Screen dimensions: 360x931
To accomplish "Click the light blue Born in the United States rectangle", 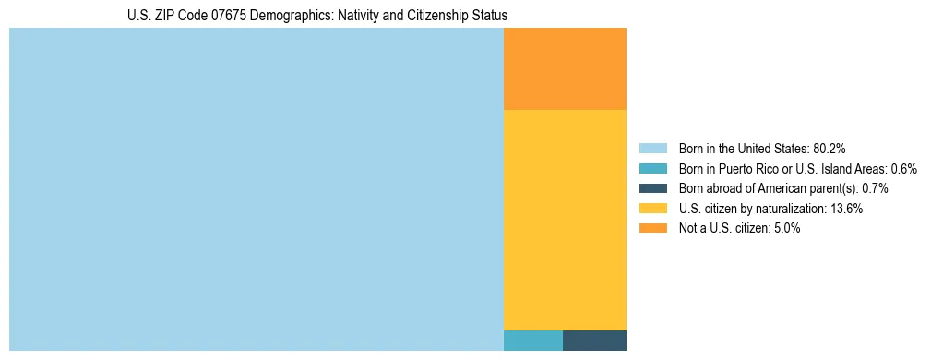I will tap(256, 189).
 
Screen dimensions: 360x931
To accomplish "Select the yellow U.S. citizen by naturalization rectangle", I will tap(565, 220).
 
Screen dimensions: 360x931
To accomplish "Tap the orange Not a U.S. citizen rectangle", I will tap(565, 69).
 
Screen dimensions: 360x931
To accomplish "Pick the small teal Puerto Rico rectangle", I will tap(532, 340).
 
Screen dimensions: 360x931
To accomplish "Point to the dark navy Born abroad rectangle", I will tap(594, 340).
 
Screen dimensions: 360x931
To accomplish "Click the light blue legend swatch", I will tap(653, 149).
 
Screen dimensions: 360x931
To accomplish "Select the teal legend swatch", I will tap(653, 168).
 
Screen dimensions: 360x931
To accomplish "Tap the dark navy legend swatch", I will tap(653, 188).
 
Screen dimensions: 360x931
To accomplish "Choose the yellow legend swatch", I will tap(653, 209).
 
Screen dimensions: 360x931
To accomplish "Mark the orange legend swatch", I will tap(653, 228).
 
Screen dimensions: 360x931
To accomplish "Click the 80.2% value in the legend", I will tap(829, 149).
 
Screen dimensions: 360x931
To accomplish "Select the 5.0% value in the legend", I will tap(785, 228).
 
